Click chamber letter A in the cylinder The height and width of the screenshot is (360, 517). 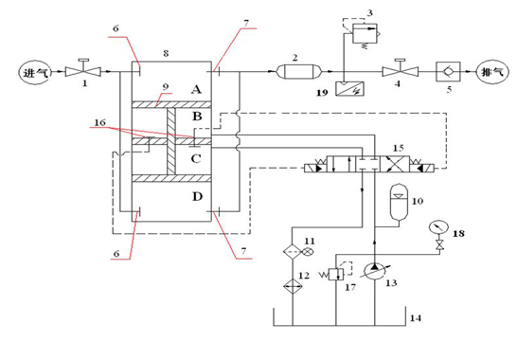(196, 88)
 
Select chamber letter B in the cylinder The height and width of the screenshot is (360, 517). (196, 117)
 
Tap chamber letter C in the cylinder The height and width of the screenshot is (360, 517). (196, 157)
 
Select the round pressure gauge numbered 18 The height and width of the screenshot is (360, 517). (437, 228)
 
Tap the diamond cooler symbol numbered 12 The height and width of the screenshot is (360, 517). (294, 284)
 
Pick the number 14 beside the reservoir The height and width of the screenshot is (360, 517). (414, 320)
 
